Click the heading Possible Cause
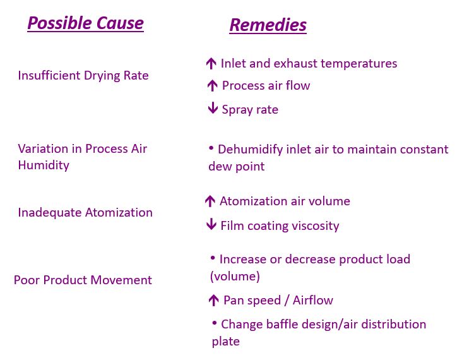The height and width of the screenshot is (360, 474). pyautogui.click(x=86, y=23)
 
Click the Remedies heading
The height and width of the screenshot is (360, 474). pyautogui.click(x=268, y=25)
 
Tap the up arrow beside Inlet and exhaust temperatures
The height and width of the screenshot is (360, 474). pyautogui.click(x=211, y=64)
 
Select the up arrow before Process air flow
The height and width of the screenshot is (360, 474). pyautogui.click(x=213, y=86)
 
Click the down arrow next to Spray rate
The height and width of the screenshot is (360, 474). pyautogui.click(x=213, y=108)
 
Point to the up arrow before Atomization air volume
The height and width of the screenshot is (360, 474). pyautogui.click(x=210, y=201)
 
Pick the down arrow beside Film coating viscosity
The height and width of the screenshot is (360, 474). pyautogui.click(x=211, y=224)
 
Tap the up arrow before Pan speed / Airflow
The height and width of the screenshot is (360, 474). pyautogui.click(x=214, y=300)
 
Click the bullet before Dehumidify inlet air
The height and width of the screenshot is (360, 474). pyautogui.click(x=211, y=148)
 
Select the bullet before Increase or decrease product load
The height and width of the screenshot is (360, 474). pyautogui.click(x=213, y=258)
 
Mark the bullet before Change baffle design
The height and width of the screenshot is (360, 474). pyautogui.click(x=215, y=323)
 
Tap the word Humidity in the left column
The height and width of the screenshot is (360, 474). pyautogui.click(x=44, y=165)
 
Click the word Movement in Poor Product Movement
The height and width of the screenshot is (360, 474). pyautogui.click(x=121, y=280)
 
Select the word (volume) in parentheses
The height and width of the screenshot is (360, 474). pyautogui.click(x=235, y=276)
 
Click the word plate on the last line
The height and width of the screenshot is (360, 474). pyautogui.click(x=225, y=342)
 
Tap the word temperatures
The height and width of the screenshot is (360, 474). pyautogui.click(x=359, y=64)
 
